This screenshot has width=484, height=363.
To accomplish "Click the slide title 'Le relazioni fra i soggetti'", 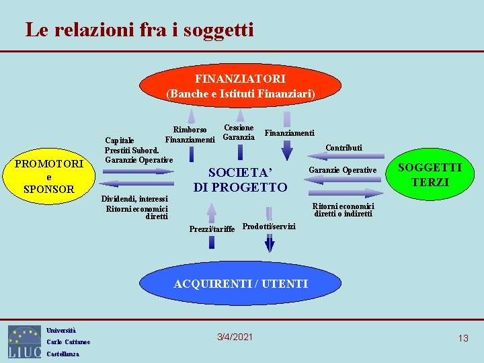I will (139, 30).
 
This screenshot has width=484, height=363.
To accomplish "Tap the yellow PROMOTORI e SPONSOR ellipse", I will (49, 176).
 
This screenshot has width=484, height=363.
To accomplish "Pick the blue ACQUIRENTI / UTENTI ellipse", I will (241, 284).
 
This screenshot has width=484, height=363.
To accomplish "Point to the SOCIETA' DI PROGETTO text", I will (240, 179).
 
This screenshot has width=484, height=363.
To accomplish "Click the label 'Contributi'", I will (344, 147).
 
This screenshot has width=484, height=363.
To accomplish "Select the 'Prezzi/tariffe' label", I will (212, 229).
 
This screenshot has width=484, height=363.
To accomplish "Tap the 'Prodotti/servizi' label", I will (268, 226).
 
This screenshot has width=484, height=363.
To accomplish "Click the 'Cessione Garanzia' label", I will (239, 132).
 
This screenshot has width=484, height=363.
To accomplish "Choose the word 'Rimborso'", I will (190, 129).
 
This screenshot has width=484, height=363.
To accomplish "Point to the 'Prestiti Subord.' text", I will (132, 150).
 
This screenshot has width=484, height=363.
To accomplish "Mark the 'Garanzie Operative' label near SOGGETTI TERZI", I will (342, 170).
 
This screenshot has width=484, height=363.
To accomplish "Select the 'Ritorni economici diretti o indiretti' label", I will (343, 210).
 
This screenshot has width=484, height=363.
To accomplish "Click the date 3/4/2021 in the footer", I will (235, 336).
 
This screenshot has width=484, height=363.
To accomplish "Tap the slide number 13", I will (462, 338).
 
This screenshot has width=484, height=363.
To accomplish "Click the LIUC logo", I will (24, 341).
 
